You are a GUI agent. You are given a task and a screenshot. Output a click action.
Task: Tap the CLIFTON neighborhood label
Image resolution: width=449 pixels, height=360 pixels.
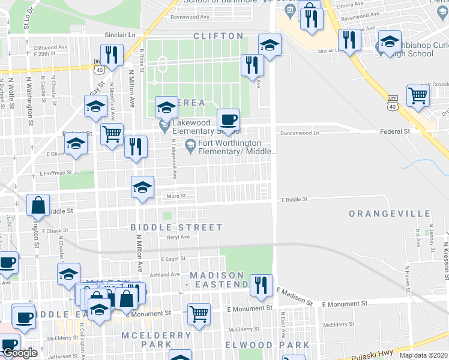tap(218, 37)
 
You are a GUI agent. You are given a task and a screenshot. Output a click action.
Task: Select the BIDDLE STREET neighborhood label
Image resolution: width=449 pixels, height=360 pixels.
tap(176, 227)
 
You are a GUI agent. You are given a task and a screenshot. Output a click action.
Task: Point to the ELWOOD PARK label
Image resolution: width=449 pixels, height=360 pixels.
tap(267, 345)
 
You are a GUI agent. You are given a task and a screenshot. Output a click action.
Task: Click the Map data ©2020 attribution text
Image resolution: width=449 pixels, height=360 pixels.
tap(423, 355)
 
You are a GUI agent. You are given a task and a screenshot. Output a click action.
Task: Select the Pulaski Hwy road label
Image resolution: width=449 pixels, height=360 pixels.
tap(372, 355)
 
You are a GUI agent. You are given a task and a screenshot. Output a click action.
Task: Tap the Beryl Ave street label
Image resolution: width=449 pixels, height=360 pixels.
tap(178, 237)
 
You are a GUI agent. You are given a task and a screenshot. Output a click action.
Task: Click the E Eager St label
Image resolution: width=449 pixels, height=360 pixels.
tap(173, 259)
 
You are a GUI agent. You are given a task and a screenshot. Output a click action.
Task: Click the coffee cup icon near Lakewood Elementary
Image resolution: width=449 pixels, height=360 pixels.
tap(228, 118)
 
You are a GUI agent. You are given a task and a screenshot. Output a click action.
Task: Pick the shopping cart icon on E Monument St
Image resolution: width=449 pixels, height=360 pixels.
tap(199, 313)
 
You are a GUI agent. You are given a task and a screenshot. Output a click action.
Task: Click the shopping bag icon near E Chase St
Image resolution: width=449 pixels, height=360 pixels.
tap(38, 205)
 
